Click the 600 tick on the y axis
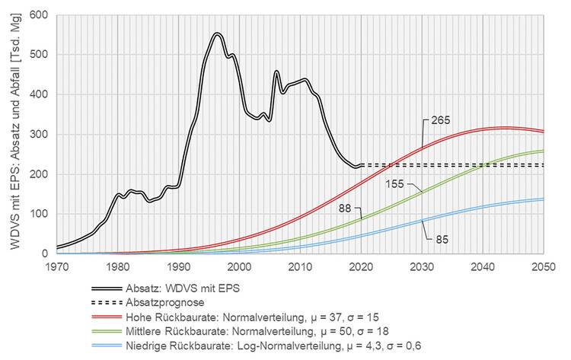[x=37, y=15]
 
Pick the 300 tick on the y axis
[x=37, y=135]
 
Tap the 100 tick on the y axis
[x=37, y=214]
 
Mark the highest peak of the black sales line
[x=217, y=34]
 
